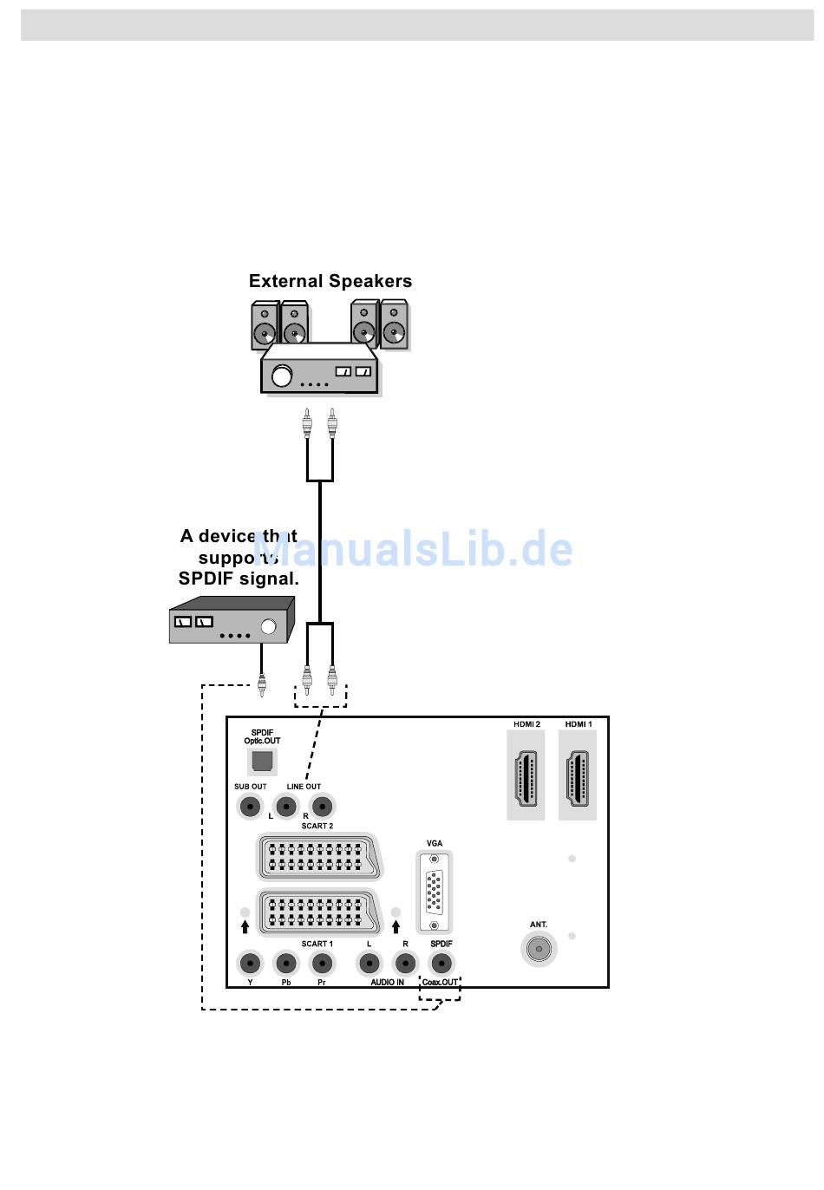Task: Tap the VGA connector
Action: [x=435, y=892]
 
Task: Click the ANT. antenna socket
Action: [x=539, y=949]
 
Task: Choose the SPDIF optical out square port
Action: [x=262, y=762]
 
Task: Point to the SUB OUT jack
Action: [x=250, y=807]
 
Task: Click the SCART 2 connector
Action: [x=317, y=857]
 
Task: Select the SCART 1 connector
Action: [x=317, y=912]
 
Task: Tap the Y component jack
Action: [x=250, y=963]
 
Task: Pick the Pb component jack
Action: [x=285, y=963]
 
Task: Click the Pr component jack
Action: [x=322, y=963]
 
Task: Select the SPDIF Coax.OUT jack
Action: [x=441, y=963]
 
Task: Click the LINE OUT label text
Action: [x=304, y=787]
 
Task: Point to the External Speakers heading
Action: [x=330, y=281]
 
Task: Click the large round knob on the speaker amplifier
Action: [x=282, y=376]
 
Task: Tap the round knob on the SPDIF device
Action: [x=269, y=626]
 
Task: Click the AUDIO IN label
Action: [x=387, y=983]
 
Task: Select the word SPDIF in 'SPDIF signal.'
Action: [x=206, y=579]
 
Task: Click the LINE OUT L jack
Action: [x=285, y=807]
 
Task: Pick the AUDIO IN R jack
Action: [x=404, y=963]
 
